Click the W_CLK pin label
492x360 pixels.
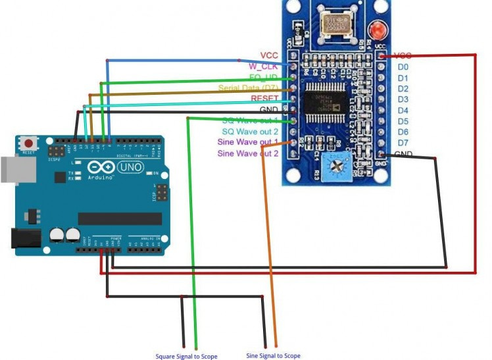click(x=262, y=66)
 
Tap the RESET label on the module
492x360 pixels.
click(x=264, y=99)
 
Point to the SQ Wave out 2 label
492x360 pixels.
click(x=250, y=132)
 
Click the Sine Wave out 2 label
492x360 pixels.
click(x=248, y=153)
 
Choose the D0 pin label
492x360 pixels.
click(x=403, y=67)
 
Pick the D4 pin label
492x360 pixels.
click(x=403, y=111)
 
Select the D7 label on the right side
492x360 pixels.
click(x=403, y=143)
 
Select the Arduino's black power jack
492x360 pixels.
click(x=24, y=238)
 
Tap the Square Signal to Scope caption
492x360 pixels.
click(x=186, y=356)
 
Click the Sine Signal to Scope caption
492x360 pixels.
click(x=273, y=355)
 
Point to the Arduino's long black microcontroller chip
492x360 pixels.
click(x=120, y=219)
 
